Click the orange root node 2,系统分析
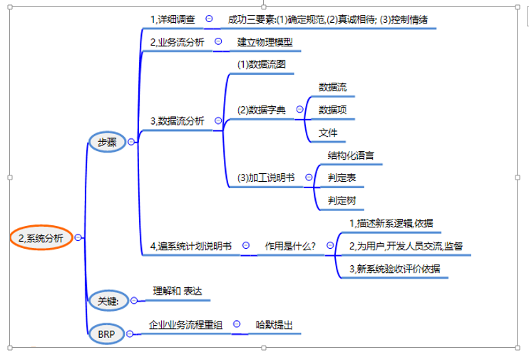(41, 238)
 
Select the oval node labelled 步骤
(107, 142)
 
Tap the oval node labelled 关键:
(108, 300)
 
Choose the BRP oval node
(107, 334)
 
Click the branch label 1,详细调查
(173, 19)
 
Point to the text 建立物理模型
(264, 42)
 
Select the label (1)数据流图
(262, 64)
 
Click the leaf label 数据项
(333, 110)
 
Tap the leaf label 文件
(328, 133)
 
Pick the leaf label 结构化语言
(351, 155)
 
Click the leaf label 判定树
(341, 200)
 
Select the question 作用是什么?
(290, 246)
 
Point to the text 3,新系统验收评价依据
(395, 269)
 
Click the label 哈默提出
(274, 325)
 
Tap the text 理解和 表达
(178, 291)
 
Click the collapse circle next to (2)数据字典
(299, 109)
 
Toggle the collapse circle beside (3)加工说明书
(309, 177)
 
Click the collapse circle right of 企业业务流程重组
(237, 324)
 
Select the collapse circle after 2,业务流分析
(218, 41)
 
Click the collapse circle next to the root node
(78, 237)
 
